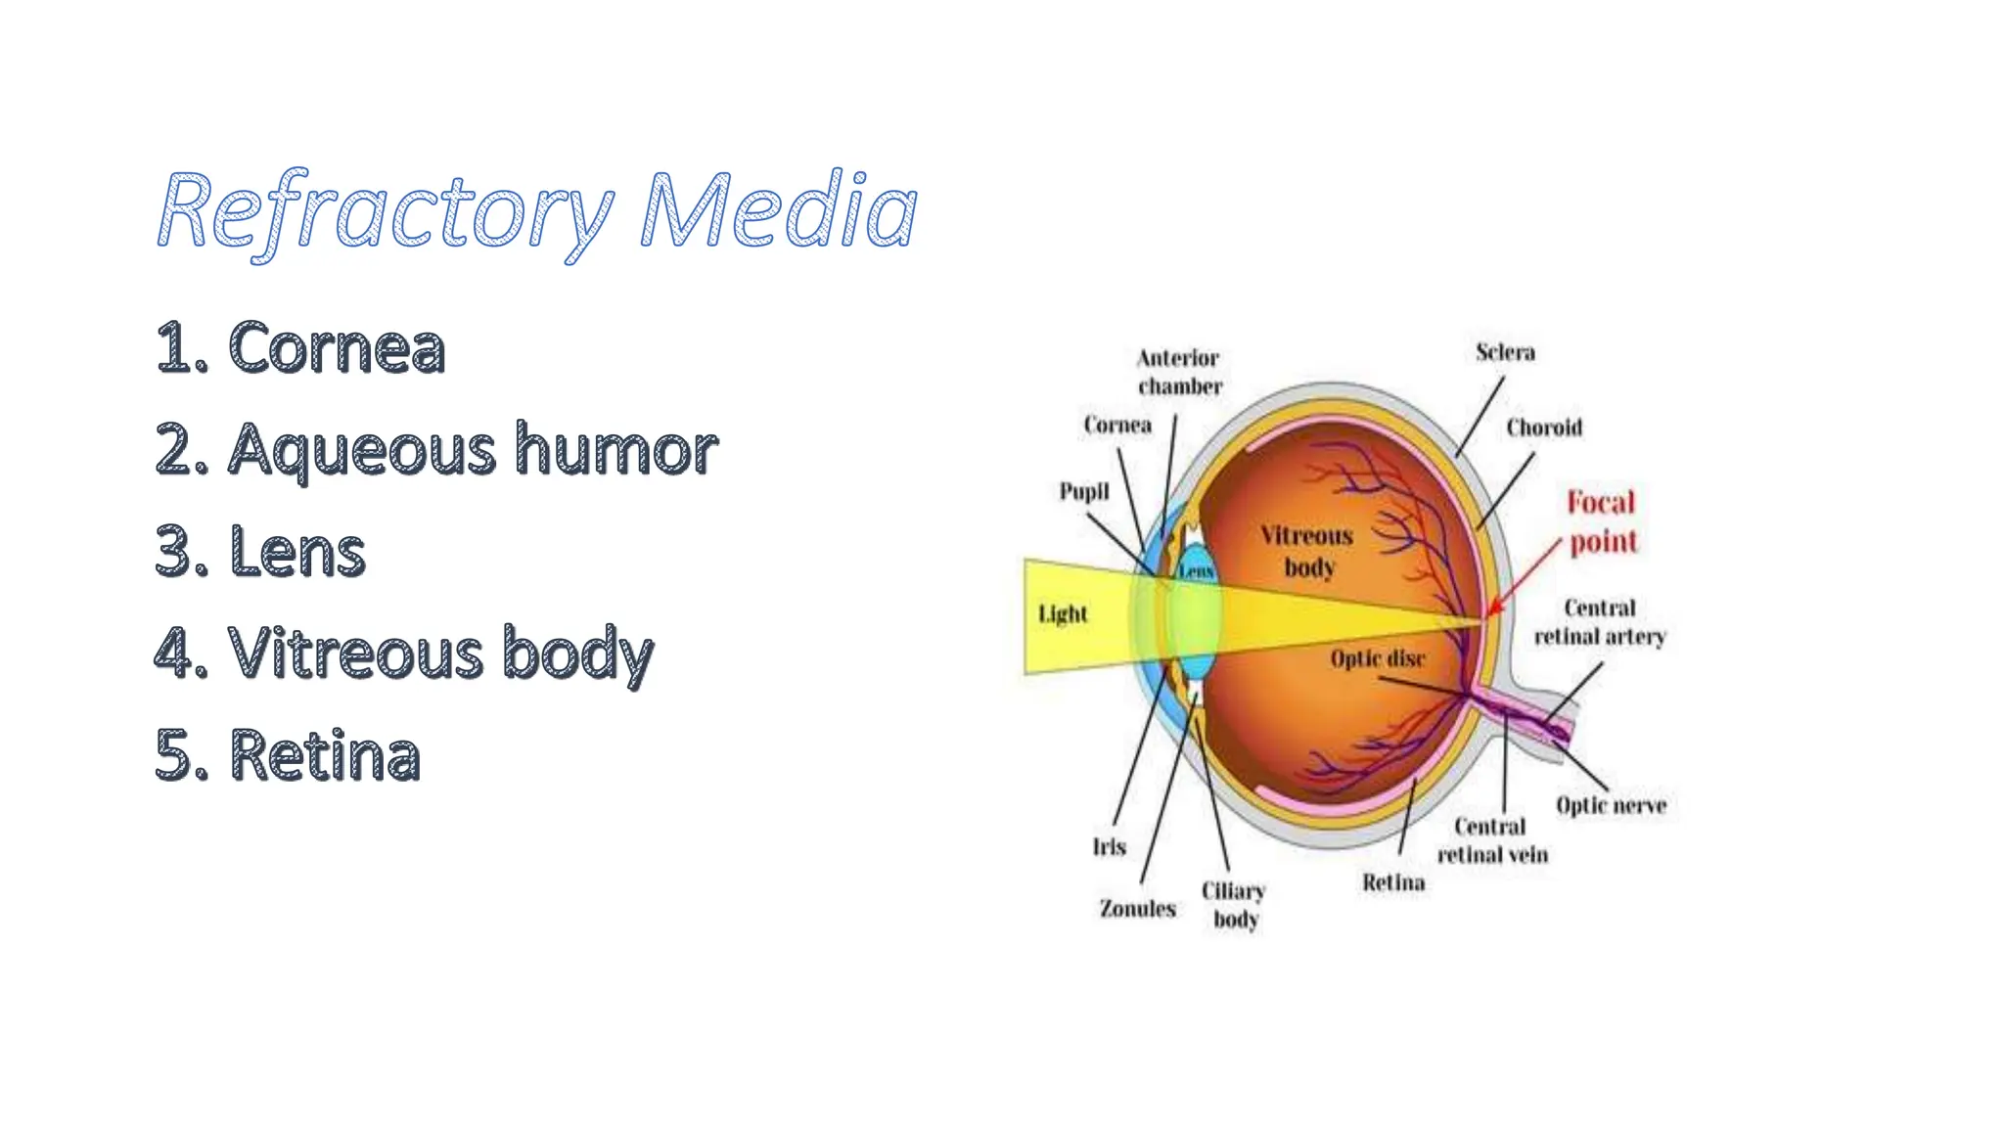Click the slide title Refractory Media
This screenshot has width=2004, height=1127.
pyautogui.click(x=536, y=211)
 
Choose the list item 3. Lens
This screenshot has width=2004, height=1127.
pyautogui.click(x=260, y=551)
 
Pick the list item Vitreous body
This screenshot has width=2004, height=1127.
pyautogui.click(x=403, y=653)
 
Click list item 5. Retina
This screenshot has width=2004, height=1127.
pyautogui.click(x=288, y=754)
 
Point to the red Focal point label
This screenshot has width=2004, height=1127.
pyautogui.click(x=1602, y=521)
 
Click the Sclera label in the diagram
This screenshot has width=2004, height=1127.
pyautogui.click(x=1505, y=352)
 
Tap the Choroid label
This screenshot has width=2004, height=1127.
pyautogui.click(x=1543, y=428)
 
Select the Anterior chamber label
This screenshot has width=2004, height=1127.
pyautogui.click(x=1179, y=372)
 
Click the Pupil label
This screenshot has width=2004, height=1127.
pyautogui.click(x=1084, y=491)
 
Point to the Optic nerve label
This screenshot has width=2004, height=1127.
pyautogui.click(x=1611, y=805)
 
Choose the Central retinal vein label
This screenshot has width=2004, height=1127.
pyautogui.click(x=1491, y=840)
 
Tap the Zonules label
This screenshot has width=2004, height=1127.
pyautogui.click(x=1137, y=909)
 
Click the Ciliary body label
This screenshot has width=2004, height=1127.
pyautogui.click(x=1234, y=905)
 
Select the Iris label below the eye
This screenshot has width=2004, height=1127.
pyautogui.click(x=1109, y=846)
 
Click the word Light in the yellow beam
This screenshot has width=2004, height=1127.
pyautogui.click(x=1063, y=614)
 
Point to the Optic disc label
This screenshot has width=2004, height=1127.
pyautogui.click(x=1377, y=658)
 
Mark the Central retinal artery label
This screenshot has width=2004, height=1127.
pyautogui.click(x=1599, y=622)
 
